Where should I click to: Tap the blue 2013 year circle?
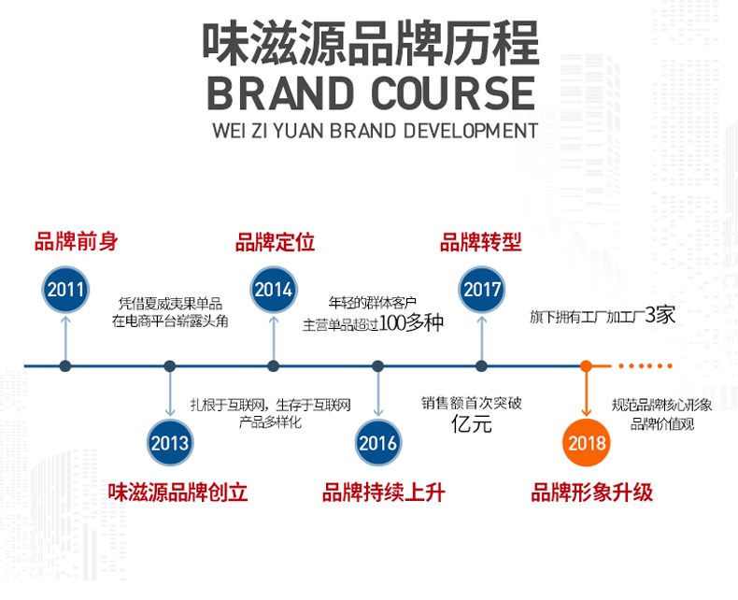click(169, 442)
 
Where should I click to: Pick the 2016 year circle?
click(377, 442)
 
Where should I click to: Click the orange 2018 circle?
click(586, 442)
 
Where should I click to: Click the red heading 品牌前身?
click(77, 242)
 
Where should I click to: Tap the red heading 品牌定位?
click(275, 242)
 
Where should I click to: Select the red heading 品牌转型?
click(480, 242)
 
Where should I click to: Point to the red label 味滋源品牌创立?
click(177, 492)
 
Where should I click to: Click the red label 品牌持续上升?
click(383, 492)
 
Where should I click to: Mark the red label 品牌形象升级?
click(592, 492)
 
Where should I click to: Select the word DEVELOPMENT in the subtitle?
click(471, 129)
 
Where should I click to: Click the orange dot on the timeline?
click(586, 365)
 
